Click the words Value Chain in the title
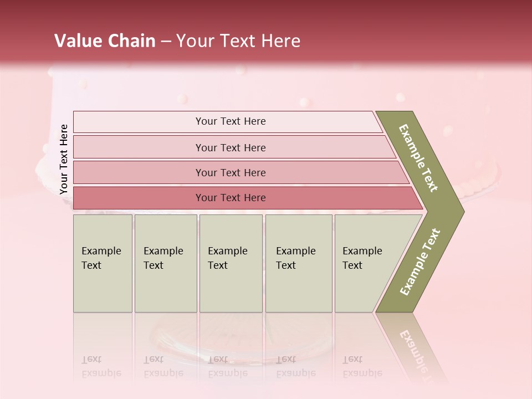point(105,41)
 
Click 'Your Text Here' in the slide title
point(238,41)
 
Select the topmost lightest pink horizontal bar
point(139,122)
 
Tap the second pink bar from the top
point(139,147)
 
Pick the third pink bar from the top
point(139,172)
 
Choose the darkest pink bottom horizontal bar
point(139,198)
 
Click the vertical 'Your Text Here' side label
point(64,159)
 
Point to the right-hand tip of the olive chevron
point(463,211)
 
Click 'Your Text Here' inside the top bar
point(231,121)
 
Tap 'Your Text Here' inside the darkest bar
point(231,198)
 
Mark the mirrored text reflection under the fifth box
point(362,366)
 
